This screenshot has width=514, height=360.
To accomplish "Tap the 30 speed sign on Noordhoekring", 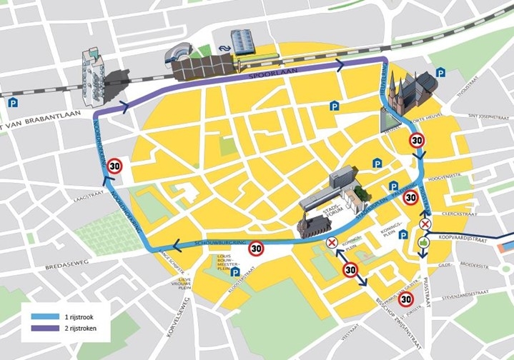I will click(x=115, y=166).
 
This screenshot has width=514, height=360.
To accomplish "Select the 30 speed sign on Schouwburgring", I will click(x=257, y=249).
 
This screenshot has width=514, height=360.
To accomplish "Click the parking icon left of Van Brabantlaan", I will click(x=13, y=104).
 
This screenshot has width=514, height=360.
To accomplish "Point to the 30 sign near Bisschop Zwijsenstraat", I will click(x=406, y=299).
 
